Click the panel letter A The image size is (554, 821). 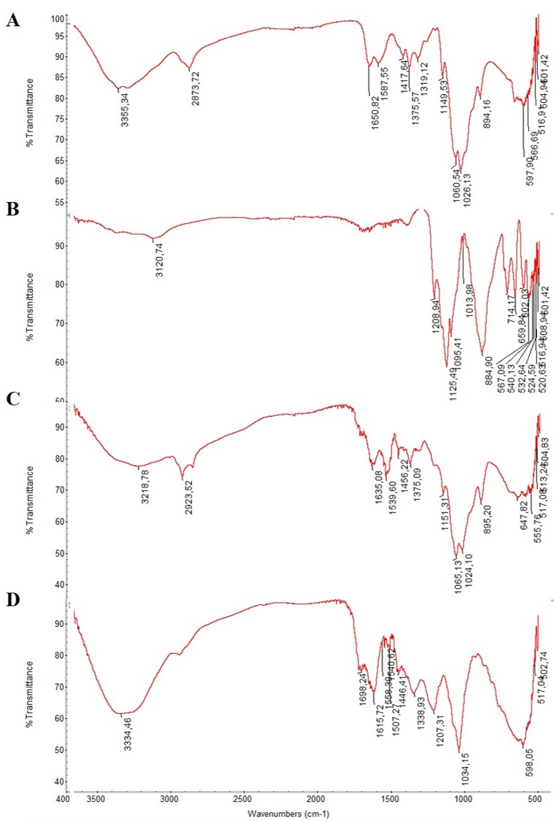pyautogui.click(x=12, y=21)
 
